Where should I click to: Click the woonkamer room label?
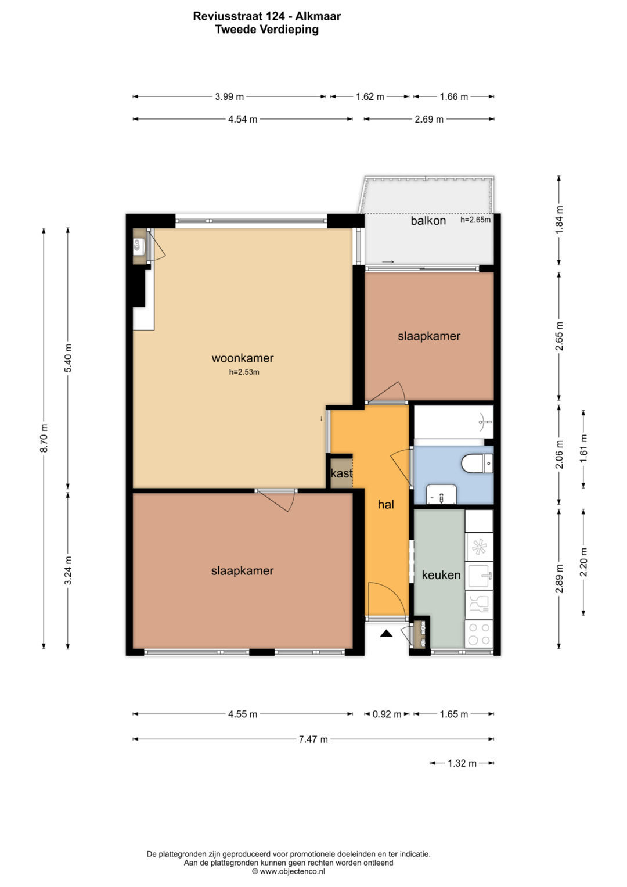[243, 358]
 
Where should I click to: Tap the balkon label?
[428, 221]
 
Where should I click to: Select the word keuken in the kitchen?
[441, 575]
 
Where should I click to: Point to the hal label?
[386, 504]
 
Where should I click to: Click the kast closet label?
[341, 473]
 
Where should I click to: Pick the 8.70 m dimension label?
[44, 437]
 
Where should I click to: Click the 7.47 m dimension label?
[313, 739]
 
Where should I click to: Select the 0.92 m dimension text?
[387, 714]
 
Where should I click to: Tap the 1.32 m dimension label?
[462, 763]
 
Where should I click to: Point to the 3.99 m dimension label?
[229, 96]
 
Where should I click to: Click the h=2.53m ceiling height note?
[244, 372]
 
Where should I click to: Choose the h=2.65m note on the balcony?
[475, 220]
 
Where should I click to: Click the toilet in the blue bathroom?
[477, 464]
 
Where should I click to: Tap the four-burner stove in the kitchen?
[479, 634]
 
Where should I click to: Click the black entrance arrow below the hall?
[386, 634]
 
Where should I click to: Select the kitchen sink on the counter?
[480, 576]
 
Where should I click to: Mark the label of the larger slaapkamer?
[242, 570]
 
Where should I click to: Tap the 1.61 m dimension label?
[584, 449]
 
